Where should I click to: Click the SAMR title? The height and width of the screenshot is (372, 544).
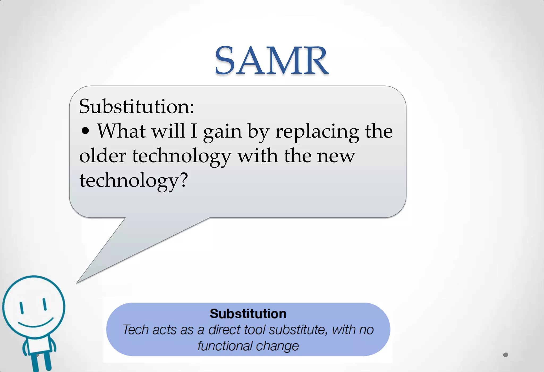click(271, 61)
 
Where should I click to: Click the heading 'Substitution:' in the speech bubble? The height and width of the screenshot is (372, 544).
click(137, 106)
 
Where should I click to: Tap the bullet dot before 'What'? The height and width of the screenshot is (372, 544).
click(85, 131)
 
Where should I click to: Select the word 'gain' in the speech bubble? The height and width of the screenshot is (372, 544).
click(223, 131)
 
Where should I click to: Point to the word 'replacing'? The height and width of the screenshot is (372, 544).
click(317, 131)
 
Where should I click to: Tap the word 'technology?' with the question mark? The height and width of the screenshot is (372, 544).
click(134, 180)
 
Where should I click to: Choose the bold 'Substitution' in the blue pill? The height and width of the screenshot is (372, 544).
click(248, 314)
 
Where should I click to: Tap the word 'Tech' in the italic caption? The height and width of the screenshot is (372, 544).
click(135, 330)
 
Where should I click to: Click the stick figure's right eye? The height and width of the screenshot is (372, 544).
click(45, 304)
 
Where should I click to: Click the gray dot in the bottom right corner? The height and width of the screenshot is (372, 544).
click(505, 355)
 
